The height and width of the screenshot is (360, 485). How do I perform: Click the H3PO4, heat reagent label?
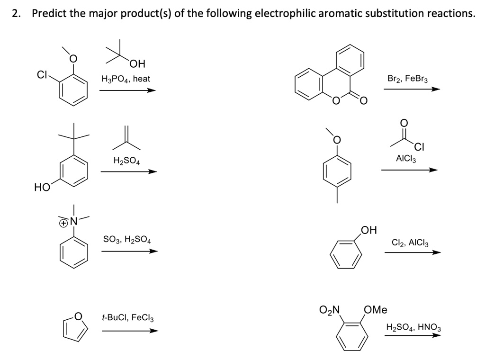pyautogui.click(x=126, y=79)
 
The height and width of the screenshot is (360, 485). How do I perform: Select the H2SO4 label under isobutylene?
pyautogui.click(x=126, y=161)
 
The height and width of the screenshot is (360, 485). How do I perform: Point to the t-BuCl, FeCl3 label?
pyautogui.click(x=127, y=316)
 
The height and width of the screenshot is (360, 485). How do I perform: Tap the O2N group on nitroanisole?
pyautogui.click(x=330, y=311)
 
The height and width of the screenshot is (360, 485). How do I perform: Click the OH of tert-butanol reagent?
pyautogui.click(x=138, y=63)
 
